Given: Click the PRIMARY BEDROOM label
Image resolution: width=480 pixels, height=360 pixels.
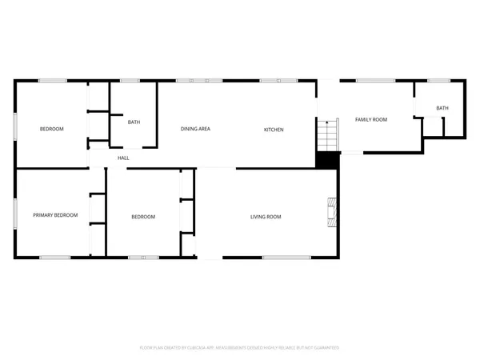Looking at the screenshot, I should [55, 215].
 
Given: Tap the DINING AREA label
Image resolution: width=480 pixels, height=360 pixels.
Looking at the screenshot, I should [195, 130].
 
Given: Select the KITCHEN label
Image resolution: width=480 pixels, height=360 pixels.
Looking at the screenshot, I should [274, 130].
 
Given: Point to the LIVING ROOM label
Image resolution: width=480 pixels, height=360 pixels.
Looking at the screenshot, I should [266, 217].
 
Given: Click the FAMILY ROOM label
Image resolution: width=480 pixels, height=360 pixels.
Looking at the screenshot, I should [371, 119].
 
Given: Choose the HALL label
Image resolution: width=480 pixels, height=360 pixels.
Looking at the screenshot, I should [124, 158].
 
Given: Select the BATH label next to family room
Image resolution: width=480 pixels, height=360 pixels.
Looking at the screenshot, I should [442, 108].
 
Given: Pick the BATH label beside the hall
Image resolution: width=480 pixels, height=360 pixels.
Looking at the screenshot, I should [134, 122].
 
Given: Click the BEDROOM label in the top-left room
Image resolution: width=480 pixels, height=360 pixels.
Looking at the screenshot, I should [52, 129].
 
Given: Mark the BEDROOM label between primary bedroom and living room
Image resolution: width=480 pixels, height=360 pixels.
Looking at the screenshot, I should [143, 217].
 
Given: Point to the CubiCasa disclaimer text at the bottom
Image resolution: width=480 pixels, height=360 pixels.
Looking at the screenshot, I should [240, 348].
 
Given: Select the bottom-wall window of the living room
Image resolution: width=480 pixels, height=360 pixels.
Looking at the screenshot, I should [282, 257].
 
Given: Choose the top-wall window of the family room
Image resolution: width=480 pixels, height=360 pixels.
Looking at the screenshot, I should [370, 80].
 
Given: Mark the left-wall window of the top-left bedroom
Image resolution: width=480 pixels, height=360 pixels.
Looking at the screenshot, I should [15, 129].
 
